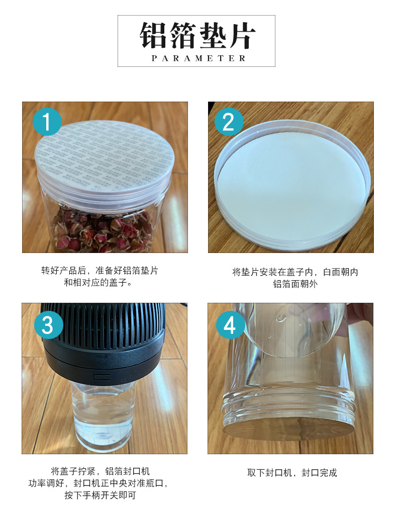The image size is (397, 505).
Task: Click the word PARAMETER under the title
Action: (198, 58)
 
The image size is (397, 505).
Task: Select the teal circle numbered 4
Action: (230, 325)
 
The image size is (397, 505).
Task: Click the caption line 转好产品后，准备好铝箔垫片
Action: (100, 271)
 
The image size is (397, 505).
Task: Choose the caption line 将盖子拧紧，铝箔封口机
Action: (101, 471)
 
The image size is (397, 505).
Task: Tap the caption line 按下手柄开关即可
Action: (100, 495)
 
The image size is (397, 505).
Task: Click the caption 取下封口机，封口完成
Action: (292, 473)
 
